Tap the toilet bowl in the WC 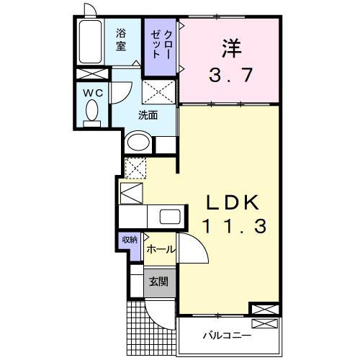(x=91, y=112)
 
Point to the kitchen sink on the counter (x=170, y=217)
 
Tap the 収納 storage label (x=128, y=241)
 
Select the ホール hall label (x=159, y=249)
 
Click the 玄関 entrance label (x=159, y=281)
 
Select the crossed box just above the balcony (x=264, y=310)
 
